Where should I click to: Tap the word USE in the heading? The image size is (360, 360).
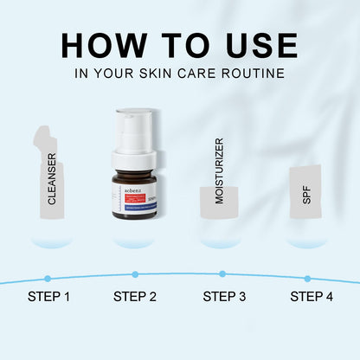coord(256,45)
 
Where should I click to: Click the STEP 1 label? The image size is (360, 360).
coord(48,298)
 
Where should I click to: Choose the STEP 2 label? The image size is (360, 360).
coord(135,298)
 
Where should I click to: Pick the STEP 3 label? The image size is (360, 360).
coord(224,298)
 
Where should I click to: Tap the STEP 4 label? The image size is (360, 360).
coord(311,298)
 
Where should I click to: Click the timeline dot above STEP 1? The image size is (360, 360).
coord(48,278)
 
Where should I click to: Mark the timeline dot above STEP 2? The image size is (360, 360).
coord(135,274)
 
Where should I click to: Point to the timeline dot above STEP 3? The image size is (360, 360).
coord(222,274)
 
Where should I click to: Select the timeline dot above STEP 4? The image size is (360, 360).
coord(307,279)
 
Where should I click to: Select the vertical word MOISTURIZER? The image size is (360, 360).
coord(219,171)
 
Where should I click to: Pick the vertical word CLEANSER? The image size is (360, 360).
coord(52,179)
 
